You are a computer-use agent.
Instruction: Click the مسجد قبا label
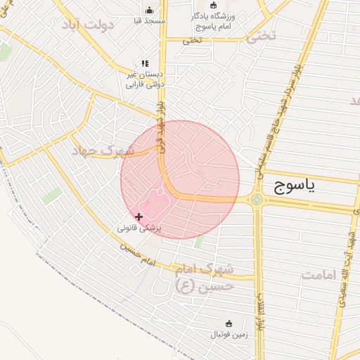pyautogui.click(x=149, y=21)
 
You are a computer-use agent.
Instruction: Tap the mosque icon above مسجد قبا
pyautogui.click(x=149, y=10)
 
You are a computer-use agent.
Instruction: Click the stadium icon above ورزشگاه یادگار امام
pyautogui.click(x=214, y=5)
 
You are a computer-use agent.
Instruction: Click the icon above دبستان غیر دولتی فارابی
pyautogui.click(x=145, y=63)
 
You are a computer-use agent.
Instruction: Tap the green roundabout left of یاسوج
pyautogui.click(x=257, y=200)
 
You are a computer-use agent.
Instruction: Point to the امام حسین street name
pyautogui.click(x=136, y=255)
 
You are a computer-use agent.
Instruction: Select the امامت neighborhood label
pyautogui.click(x=324, y=274)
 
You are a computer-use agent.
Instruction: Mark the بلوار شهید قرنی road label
pyautogui.click(x=160, y=127)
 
